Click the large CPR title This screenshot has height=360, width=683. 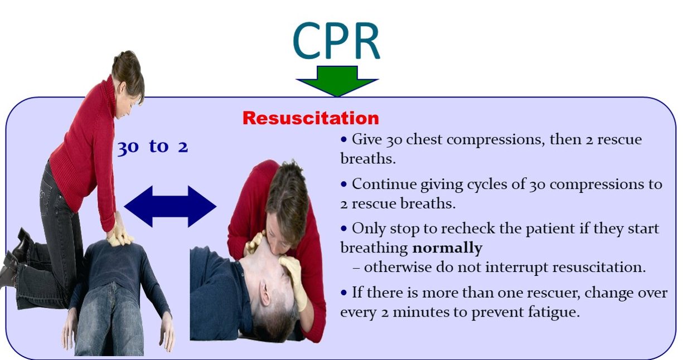coord(336,41)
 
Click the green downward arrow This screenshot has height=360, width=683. coord(337,81)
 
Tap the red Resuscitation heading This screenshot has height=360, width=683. coord(311,118)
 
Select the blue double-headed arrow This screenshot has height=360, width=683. coord(170,206)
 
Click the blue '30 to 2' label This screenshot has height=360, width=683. coord(153,147)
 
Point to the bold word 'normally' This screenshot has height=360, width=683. coord(447,248)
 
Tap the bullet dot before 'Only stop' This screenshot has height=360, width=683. coord(344,228)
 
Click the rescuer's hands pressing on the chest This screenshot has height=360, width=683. coord(119,232)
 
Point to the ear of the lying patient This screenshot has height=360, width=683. coord(264,293)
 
